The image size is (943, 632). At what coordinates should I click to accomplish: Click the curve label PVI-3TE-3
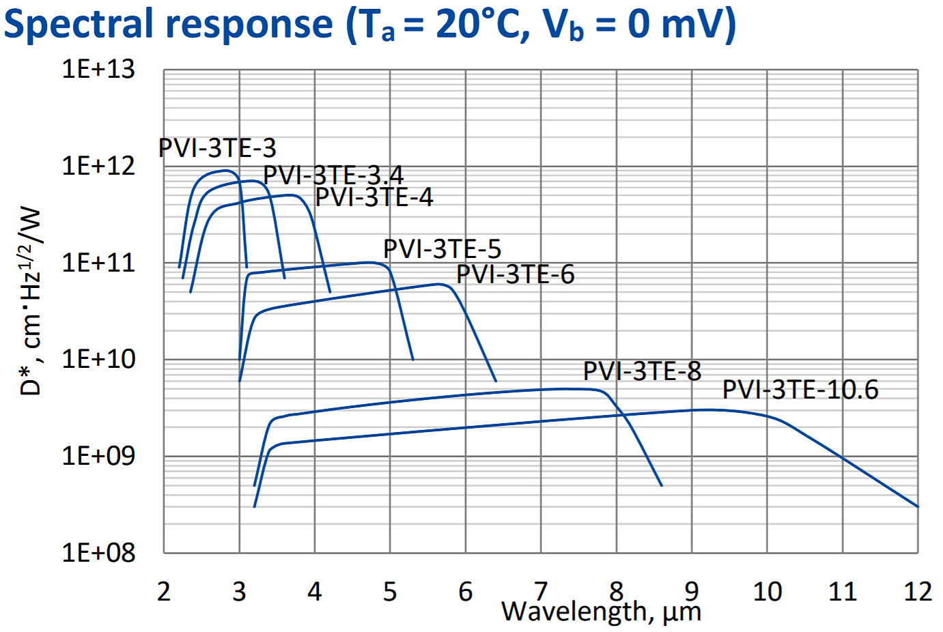coord(217,148)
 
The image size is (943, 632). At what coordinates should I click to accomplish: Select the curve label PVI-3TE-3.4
coord(333,175)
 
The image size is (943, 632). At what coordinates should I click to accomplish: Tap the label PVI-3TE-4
coord(374,197)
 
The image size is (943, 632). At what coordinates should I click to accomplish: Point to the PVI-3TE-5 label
coord(442,249)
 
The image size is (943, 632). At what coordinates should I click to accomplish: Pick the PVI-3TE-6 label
coord(515,274)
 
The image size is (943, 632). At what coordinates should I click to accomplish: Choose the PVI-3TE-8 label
coord(642,371)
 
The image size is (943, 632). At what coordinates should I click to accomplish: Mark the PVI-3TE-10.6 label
coord(800,390)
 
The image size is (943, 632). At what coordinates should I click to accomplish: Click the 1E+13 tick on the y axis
coord(98,70)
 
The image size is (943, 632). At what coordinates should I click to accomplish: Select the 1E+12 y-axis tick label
coord(98,166)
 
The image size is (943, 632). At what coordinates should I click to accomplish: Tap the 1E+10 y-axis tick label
coord(98,359)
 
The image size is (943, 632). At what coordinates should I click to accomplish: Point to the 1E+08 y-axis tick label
coord(98,552)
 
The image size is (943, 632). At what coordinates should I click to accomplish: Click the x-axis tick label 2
coord(164,592)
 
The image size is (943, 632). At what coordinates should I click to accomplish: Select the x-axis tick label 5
coord(390,592)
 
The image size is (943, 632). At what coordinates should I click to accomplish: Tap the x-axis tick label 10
coord(767,592)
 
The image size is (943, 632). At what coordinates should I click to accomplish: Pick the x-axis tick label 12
coord(918,592)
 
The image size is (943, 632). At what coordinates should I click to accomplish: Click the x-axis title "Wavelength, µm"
coord(601,612)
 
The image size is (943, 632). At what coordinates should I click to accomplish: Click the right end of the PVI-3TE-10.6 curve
coord(918,506)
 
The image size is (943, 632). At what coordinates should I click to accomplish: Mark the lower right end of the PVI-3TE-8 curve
coord(661,485)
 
